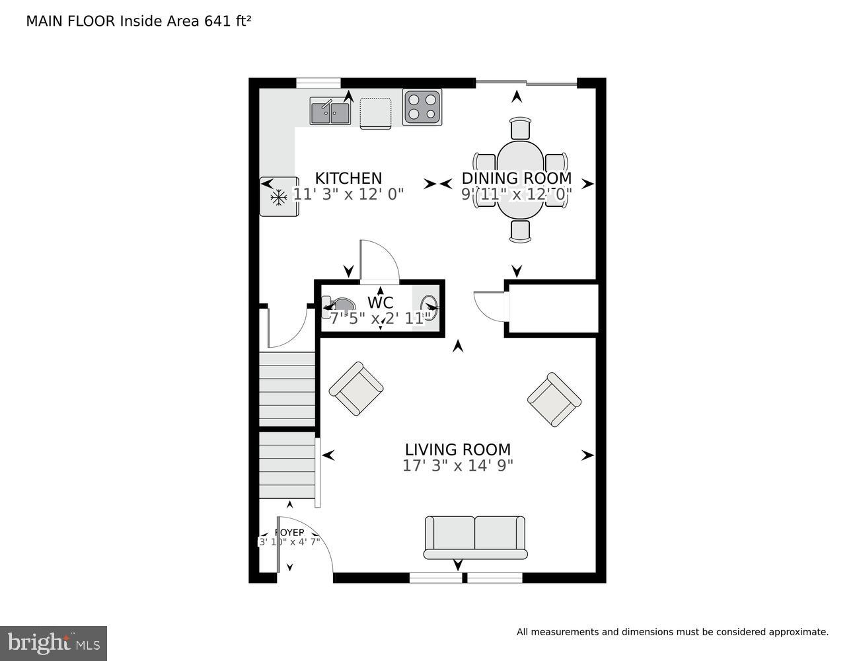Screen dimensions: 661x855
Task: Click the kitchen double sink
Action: [330, 111]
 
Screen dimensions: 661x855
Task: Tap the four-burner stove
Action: [422, 107]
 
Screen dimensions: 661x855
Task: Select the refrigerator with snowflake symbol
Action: [279, 196]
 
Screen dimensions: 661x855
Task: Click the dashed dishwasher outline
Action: [376, 112]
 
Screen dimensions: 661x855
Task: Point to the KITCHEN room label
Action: [348, 178]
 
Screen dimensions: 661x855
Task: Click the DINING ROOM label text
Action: [516, 178]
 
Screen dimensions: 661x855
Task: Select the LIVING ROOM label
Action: [457, 450]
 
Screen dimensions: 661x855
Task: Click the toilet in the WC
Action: [338, 306]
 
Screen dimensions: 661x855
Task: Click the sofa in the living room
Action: [474, 537]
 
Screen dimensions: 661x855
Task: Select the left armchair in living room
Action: [356, 389]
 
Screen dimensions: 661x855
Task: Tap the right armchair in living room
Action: [554, 399]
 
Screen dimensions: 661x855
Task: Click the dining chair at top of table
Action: [521, 128]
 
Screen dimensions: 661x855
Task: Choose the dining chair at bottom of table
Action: [521, 231]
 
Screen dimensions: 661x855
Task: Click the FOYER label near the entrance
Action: [289, 533]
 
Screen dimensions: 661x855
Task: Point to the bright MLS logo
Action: [54, 642]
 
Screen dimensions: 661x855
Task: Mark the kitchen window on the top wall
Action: [318, 83]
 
